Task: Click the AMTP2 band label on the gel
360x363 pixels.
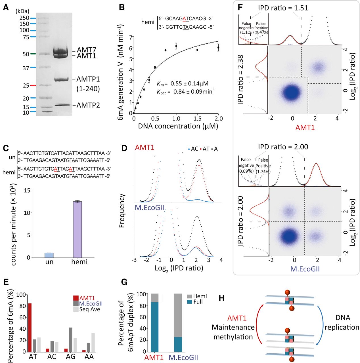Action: point(88,105)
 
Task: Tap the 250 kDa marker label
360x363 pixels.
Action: point(24,18)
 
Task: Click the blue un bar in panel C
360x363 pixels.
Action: point(49,255)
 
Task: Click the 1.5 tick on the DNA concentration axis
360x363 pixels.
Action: point(197,119)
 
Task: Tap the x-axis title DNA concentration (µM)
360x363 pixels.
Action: point(178,126)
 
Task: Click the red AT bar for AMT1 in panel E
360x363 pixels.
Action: point(30,327)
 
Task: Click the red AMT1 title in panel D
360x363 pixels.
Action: point(145,147)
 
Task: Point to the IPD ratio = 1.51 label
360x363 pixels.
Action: point(283,8)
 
